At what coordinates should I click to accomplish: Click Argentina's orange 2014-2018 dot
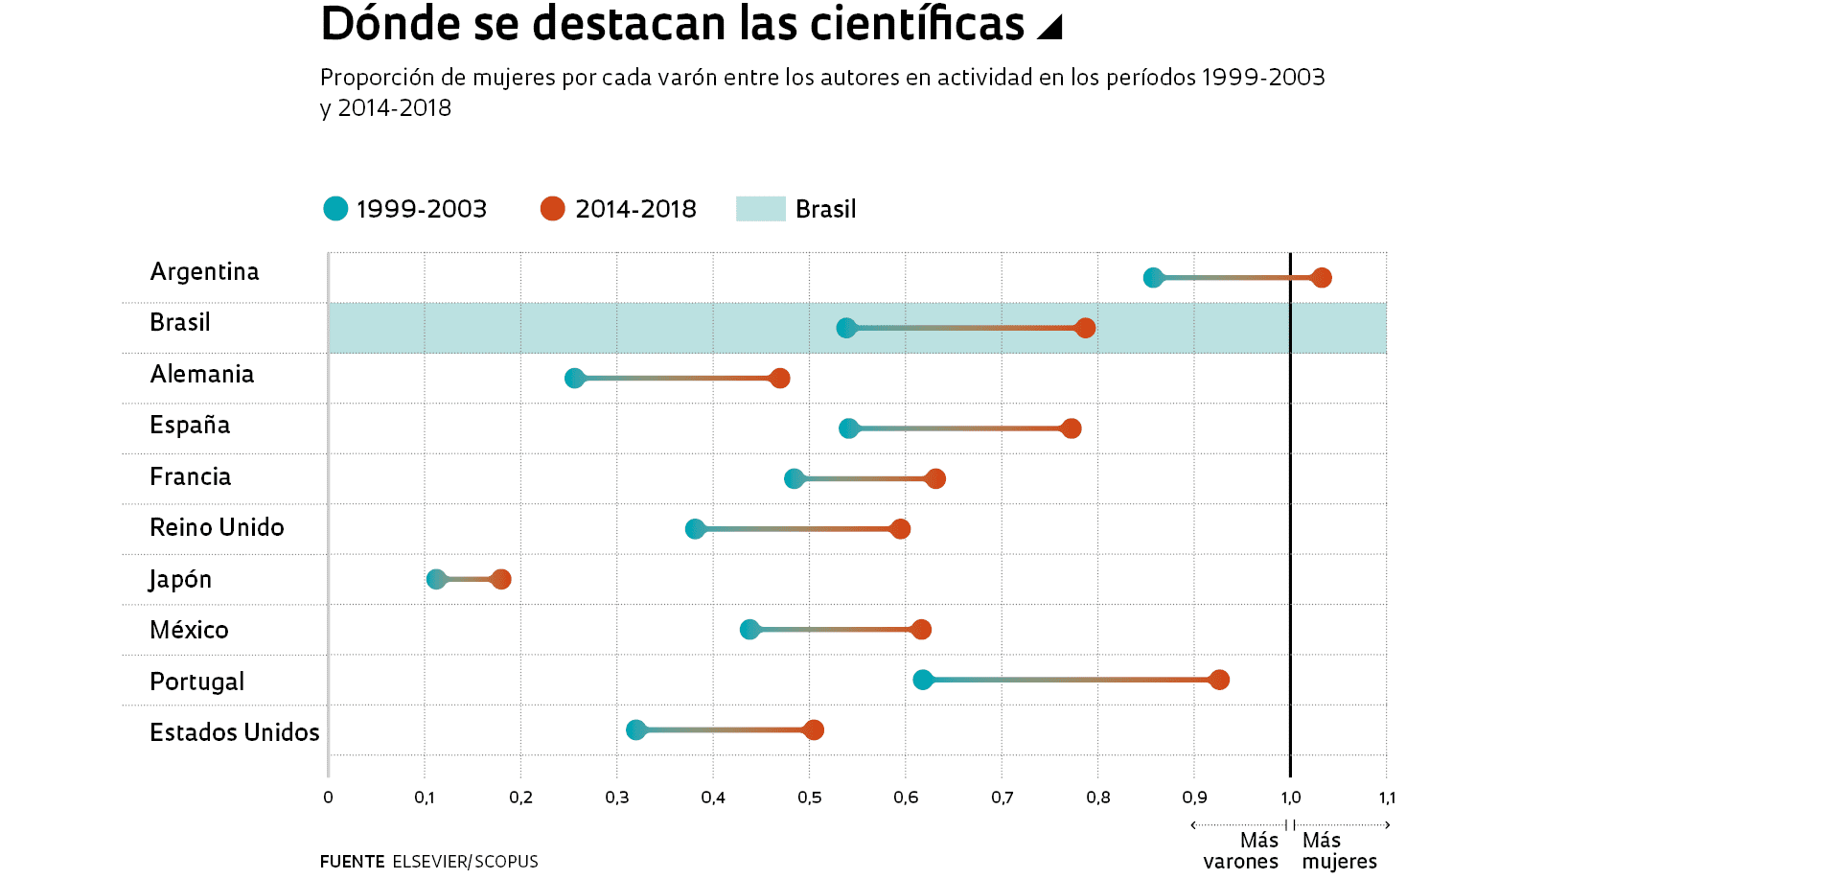tap(1321, 278)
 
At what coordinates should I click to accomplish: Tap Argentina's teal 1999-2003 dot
tap(1153, 278)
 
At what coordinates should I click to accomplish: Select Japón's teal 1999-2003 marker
tap(436, 579)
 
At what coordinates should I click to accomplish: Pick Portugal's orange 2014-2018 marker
tap(1218, 680)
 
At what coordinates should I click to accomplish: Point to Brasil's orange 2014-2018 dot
tap(1084, 328)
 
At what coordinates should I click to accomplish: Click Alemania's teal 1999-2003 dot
tap(574, 379)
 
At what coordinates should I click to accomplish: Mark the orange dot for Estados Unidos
tap(813, 730)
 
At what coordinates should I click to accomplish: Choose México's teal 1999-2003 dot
tap(749, 630)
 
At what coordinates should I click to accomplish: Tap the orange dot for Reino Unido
tap(899, 529)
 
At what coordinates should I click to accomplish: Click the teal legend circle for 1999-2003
tap(335, 209)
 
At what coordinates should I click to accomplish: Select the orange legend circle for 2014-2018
tap(552, 209)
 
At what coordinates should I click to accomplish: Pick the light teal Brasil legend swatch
tap(760, 209)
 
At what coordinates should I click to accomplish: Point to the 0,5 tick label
tap(809, 798)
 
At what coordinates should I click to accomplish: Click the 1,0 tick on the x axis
tap(1290, 798)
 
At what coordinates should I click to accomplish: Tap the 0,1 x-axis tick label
tap(424, 798)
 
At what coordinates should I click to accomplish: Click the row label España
tap(190, 426)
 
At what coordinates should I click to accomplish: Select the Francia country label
tap(190, 476)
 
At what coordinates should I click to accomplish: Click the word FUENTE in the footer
tap(352, 862)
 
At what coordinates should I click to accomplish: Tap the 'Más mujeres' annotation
tap(1339, 851)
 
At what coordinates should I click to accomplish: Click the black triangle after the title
tap(1051, 28)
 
